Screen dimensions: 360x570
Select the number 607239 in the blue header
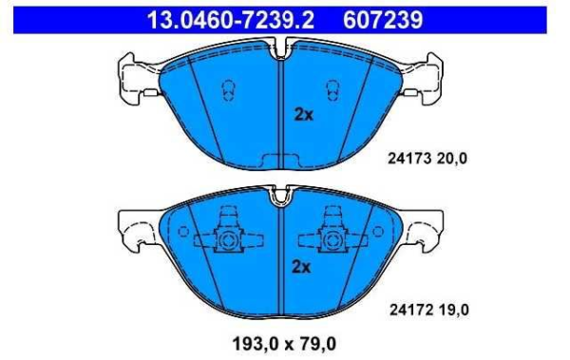click(378, 19)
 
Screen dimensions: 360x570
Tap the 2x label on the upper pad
click(302, 114)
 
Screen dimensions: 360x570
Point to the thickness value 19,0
click(452, 309)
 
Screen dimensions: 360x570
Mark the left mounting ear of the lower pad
click(133, 228)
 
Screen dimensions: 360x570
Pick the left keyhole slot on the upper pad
click(228, 89)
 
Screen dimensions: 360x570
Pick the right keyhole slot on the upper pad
click(334, 89)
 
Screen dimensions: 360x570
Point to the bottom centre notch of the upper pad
click(281, 160)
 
